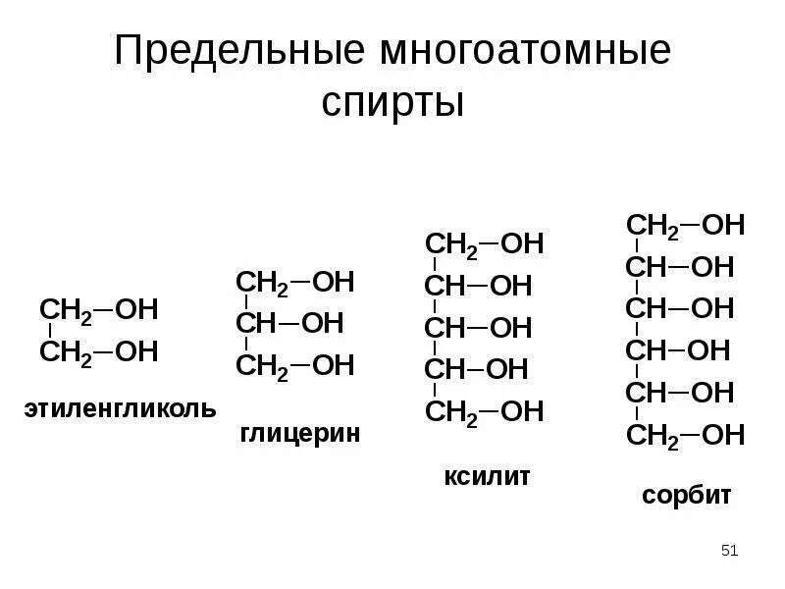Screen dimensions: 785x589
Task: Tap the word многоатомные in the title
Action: click(x=519, y=52)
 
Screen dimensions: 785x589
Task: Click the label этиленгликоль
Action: click(x=121, y=407)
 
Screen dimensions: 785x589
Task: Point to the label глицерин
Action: click(x=299, y=432)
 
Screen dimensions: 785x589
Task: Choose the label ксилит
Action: click(x=487, y=477)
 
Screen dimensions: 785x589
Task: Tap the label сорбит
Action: click(x=687, y=495)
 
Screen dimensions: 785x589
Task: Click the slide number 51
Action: click(x=728, y=551)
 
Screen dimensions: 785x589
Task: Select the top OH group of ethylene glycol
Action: click(x=136, y=310)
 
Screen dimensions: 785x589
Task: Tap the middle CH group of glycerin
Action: click(x=256, y=324)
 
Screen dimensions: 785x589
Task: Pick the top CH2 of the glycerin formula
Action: click(x=262, y=283)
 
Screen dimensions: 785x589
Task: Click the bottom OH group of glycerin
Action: click(x=333, y=366)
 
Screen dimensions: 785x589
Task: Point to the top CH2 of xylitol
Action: click(x=450, y=244)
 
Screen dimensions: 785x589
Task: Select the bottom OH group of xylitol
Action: click(x=522, y=411)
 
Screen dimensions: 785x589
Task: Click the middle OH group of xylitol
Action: click(x=510, y=328)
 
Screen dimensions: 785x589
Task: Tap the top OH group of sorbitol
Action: click(x=724, y=225)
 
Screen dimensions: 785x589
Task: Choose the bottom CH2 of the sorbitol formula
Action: click(x=653, y=435)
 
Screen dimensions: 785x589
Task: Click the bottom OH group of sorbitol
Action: click(x=724, y=434)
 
